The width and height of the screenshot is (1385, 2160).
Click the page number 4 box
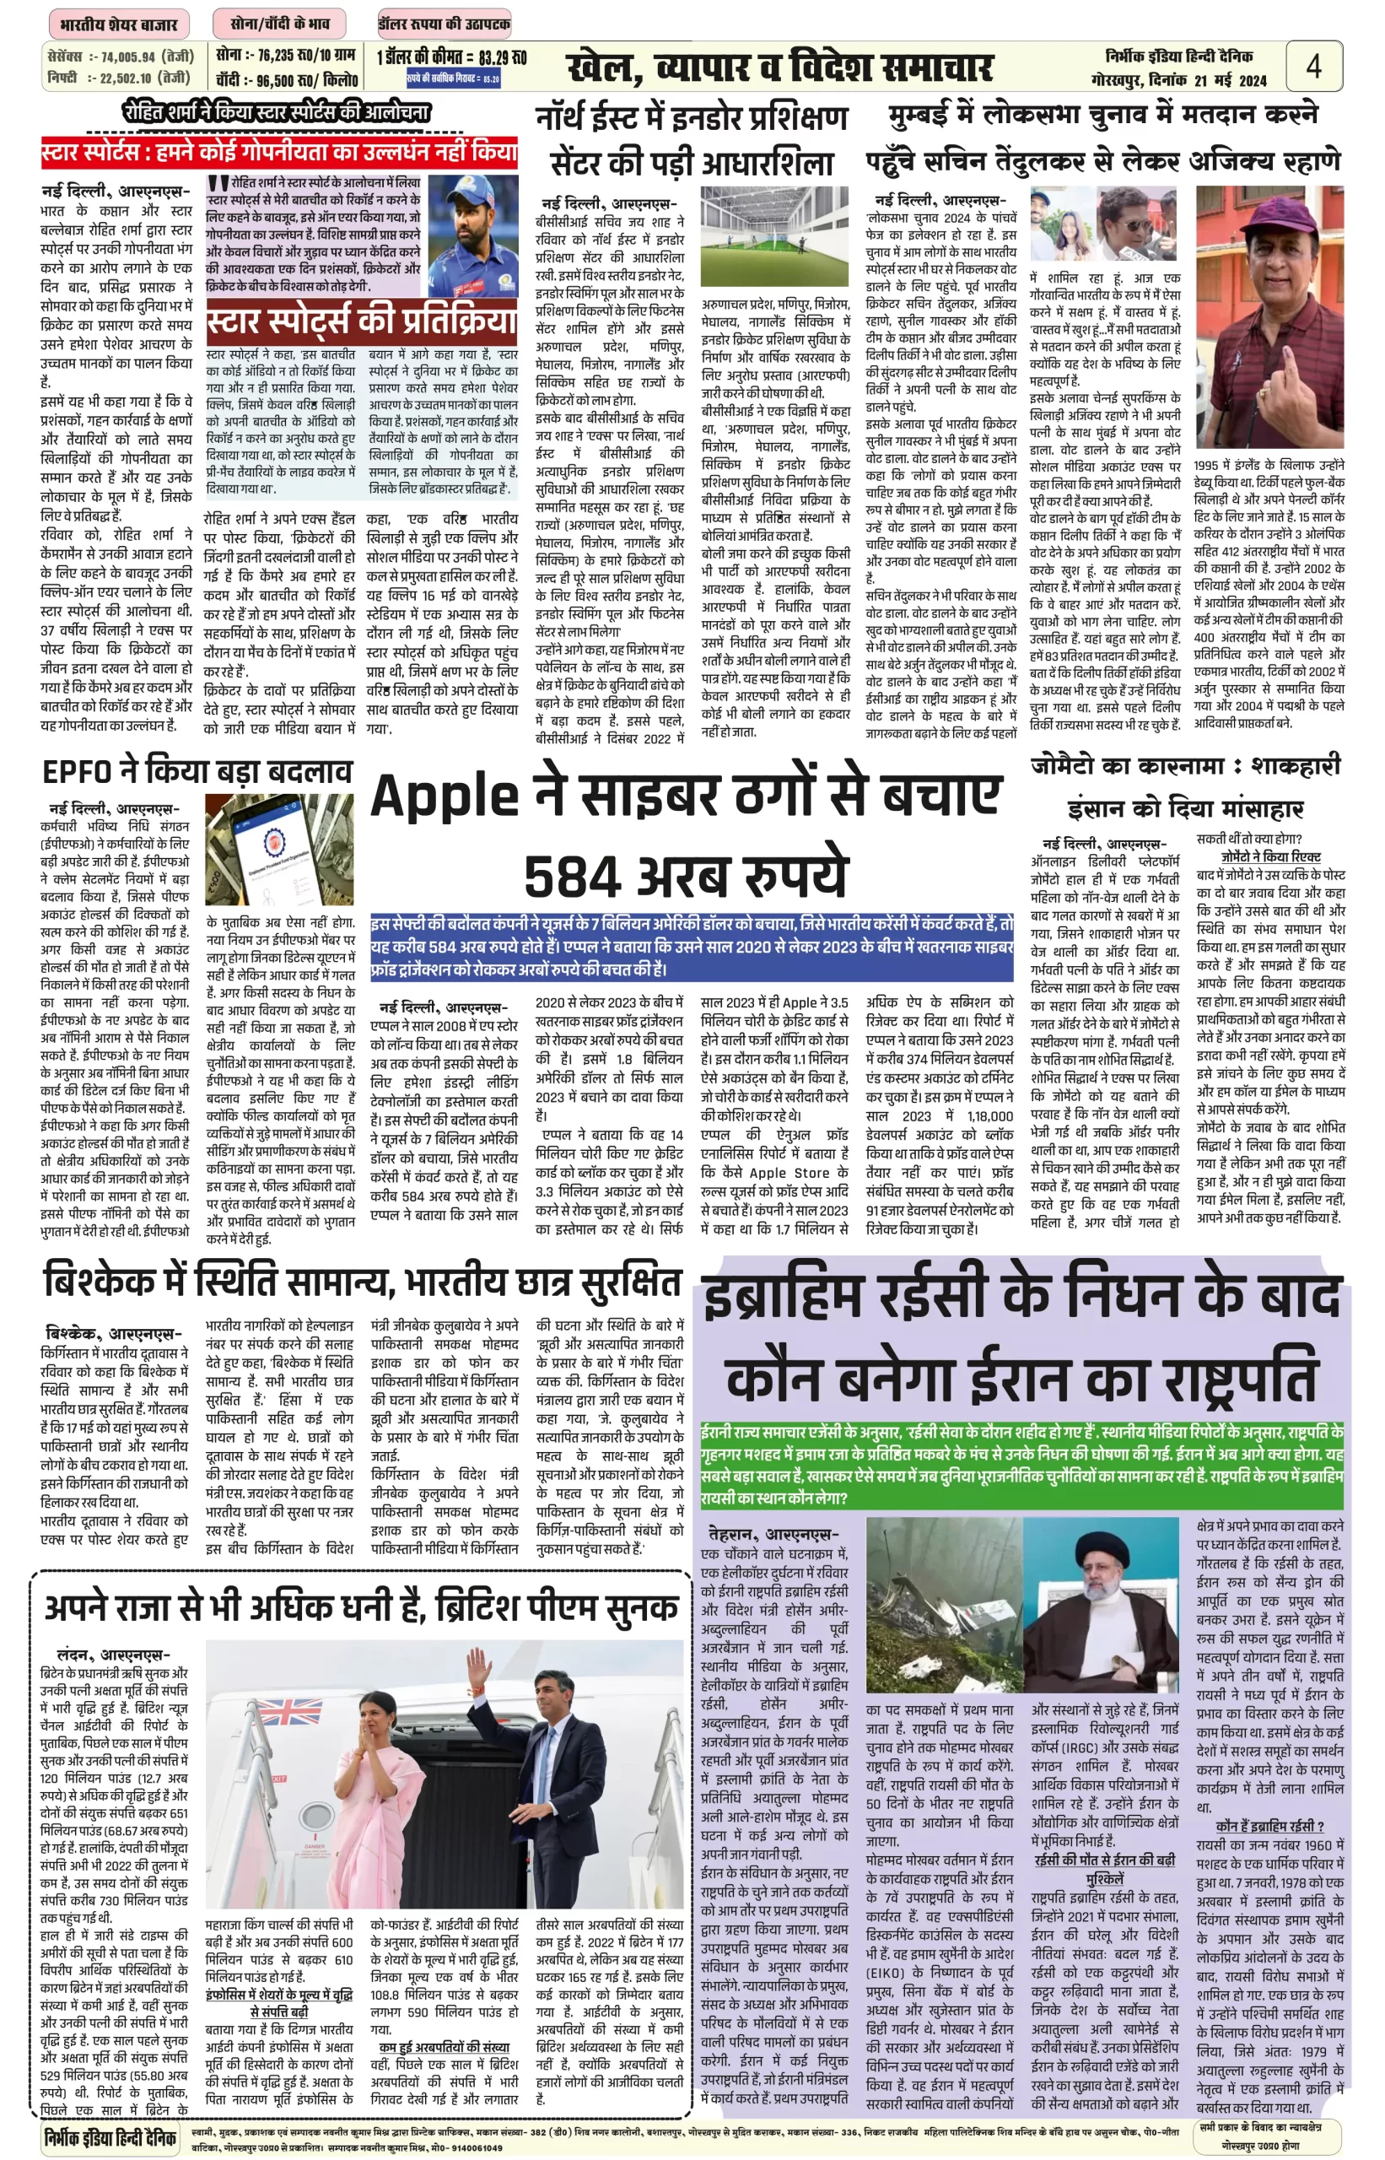point(1313,66)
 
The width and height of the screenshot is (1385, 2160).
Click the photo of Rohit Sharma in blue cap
point(473,235)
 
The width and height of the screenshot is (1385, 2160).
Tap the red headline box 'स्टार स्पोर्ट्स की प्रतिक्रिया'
point(362,321)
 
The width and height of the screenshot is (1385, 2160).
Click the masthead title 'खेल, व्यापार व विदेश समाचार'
point(779,67)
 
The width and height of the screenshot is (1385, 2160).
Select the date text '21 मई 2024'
point(1230,81)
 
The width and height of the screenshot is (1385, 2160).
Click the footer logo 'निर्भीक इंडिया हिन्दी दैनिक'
point(110,2137)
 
